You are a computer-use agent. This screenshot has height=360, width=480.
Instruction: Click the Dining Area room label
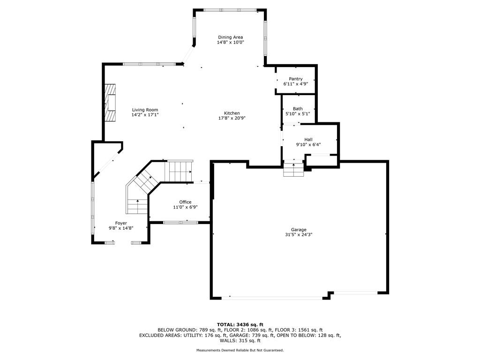click(x=230, y=37)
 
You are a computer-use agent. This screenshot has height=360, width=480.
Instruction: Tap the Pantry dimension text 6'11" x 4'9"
click(x=295, y=84)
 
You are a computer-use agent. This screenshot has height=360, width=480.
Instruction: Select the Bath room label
click(x=298, y=109)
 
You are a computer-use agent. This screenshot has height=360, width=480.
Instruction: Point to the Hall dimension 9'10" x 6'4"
click(x=308, y=145)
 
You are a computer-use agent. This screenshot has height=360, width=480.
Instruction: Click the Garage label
click(x=299, y=230)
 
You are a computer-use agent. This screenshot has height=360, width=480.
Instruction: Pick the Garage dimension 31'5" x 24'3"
click(x=299, y=235)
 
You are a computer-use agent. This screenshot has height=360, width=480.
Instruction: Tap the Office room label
click(x=185, y=202)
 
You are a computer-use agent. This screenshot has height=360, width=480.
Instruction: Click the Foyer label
click(x=121, y=223)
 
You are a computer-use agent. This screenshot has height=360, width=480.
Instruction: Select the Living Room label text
click(x=145, y=110)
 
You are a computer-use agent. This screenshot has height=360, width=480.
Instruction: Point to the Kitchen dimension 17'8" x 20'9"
click(x=232, y=118)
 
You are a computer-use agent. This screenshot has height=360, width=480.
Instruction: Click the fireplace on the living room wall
click(x=110, y=103)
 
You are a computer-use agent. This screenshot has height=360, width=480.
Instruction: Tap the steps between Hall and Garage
click(x=294, y=170)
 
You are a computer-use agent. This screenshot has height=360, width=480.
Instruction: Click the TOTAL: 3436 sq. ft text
click(x=240, y=324)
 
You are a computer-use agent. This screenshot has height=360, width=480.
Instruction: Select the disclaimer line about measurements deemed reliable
click(x=240, y=350)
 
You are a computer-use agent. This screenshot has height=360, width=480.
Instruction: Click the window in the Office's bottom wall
click(x=180, y=222)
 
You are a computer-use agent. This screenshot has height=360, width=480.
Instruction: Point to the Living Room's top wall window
click(x=148, y=64)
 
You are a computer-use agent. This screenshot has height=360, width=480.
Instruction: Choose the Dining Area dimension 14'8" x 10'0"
click(x=230, y=42)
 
